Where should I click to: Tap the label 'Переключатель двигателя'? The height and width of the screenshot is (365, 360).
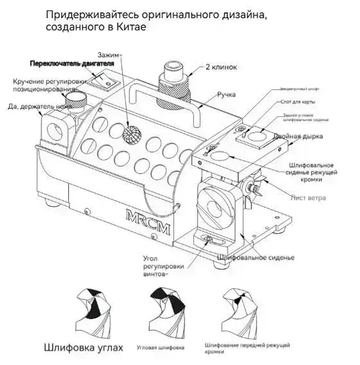72,64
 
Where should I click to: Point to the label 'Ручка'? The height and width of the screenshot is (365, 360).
226,95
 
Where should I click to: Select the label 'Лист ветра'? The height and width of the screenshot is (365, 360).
308,198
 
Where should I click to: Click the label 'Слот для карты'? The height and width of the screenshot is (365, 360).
297,102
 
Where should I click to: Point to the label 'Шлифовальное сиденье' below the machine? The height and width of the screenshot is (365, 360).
256,258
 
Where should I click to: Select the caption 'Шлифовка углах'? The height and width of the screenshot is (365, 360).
84,348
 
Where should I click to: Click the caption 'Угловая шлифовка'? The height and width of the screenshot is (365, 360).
161,348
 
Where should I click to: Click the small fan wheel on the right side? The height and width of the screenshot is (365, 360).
252,187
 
